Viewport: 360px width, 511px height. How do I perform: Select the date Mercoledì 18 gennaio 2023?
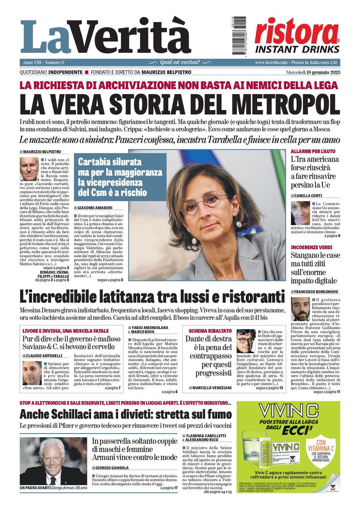tap(313, 72)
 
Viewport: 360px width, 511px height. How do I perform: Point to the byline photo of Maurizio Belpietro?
tap(29, 169)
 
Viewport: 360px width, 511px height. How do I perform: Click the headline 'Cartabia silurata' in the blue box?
tap(109, 162)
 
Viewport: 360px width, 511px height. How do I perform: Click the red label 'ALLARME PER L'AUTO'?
tap(313, 151)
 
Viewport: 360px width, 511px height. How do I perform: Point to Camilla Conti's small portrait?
tap(300, 213)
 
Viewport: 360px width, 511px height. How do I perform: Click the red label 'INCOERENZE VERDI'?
tap(312, 247)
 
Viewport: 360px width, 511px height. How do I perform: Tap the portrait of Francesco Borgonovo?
tap(300, 309)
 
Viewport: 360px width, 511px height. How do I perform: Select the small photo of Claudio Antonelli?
tap(32, 373)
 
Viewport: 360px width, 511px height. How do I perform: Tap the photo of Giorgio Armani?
tap(53, 461)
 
